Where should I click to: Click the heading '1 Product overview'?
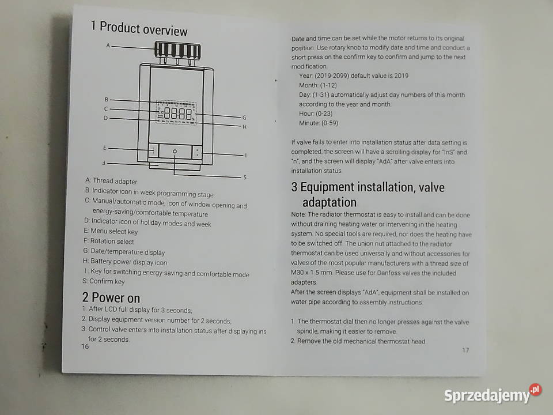[139, 28]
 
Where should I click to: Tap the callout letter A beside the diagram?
[108, 46]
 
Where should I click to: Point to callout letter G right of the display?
[244, 118]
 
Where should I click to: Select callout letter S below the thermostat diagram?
[245, 177]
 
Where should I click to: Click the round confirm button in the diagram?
[175, 152]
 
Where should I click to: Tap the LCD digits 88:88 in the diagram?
[179, 114]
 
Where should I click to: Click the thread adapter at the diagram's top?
[177, 50]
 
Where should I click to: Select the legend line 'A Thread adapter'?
[111, 180]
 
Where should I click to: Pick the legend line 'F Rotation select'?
[109, 242]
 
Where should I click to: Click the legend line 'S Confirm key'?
[104, 281]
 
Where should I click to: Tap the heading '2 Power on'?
[111, 297]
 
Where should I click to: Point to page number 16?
[85, 346]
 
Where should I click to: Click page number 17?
[465, 350]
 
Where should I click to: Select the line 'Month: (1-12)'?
[318, 85]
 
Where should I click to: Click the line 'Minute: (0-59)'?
[319, 123]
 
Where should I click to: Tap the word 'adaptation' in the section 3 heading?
[329, 202]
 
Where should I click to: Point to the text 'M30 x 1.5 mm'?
[312, 273]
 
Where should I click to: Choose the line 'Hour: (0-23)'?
[316, 114]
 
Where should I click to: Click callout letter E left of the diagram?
[105, 148]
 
